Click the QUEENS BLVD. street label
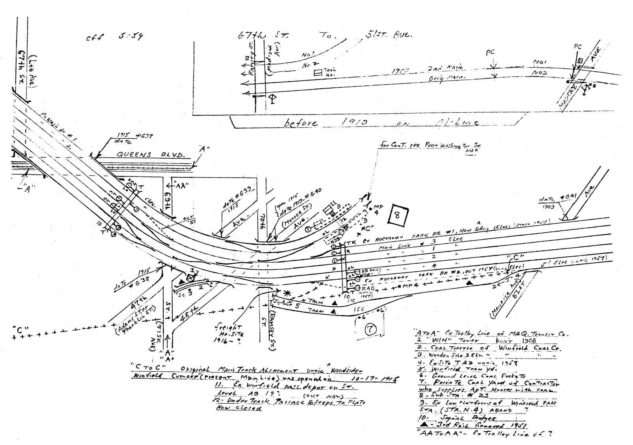coord(151,155)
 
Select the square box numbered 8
coord(397,215)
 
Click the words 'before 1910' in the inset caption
coord(326,122)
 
